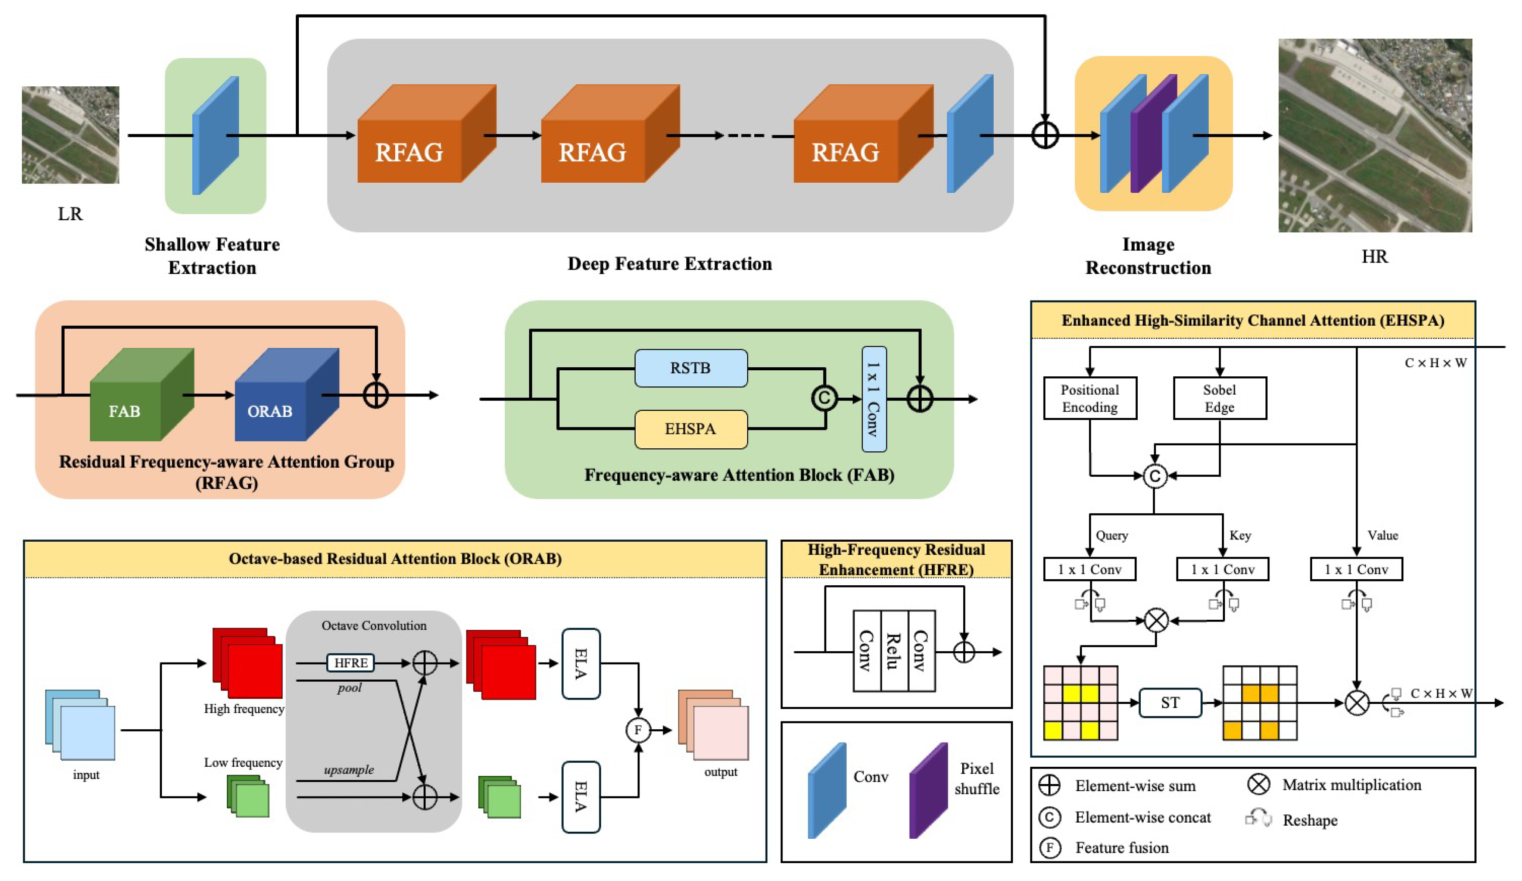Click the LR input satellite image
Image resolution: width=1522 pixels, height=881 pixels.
70,135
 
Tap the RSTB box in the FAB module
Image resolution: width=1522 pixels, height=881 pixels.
691,368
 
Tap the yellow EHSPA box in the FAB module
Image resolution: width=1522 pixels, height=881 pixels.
691,429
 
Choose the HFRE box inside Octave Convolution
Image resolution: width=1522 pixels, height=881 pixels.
350,662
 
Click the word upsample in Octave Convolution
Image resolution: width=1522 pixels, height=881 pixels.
349,770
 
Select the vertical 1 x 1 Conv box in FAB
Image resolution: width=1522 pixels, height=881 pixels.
873,399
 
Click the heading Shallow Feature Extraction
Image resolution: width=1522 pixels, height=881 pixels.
212,256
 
